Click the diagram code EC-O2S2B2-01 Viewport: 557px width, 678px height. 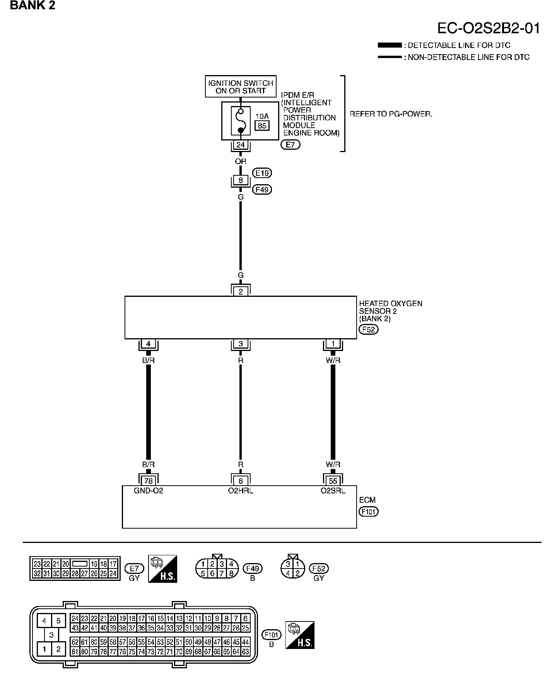[488, 29]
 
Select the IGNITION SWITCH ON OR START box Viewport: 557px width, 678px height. [241, 87]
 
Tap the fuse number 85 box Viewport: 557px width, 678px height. [262, 125]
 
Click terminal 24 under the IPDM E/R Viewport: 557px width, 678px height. [241, 145]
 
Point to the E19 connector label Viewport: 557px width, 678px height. [262, 173]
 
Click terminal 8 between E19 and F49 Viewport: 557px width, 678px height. [241, 180]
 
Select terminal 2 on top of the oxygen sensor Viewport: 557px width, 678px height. [241, 291]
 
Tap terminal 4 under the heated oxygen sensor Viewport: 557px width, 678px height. [148, 344]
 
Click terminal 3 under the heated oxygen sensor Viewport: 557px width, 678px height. [241, 344]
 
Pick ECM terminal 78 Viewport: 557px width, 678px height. [148, 481]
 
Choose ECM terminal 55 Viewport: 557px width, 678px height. [333, 481]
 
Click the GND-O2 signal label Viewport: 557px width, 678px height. [149, 491]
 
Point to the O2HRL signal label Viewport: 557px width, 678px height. [241, 491]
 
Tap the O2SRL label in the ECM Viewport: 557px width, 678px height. [333, 491]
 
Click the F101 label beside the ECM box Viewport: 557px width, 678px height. [368, 512]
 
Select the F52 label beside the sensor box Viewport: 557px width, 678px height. [368, 330]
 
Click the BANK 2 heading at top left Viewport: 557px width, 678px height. [32, 5]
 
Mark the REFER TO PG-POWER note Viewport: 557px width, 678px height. [391, 114]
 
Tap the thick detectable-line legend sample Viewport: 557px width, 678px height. [390, 46]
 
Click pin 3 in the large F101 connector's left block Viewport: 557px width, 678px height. [51, 635]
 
